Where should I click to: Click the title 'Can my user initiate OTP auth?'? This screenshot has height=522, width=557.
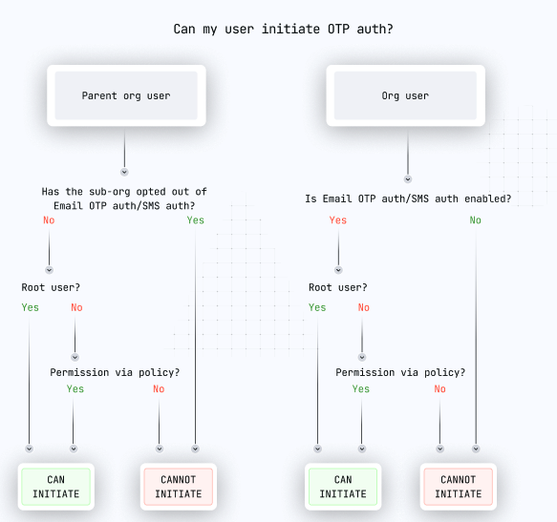pos(283,29)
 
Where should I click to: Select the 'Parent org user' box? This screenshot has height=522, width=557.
pos(126,95)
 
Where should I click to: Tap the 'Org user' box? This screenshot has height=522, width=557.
pos(405,95)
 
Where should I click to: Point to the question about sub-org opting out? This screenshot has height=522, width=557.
pos(124,198)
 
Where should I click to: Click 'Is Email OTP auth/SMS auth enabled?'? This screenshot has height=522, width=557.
pos(408,198)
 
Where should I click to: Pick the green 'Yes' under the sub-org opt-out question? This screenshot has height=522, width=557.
pos(195,220)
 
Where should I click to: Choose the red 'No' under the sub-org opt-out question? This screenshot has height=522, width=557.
pos(49,220)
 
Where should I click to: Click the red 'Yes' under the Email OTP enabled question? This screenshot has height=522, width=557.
pos(338,220)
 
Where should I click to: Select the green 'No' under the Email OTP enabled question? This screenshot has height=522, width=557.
pos(475,220)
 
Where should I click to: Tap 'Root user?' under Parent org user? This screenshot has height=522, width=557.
pos(51,287)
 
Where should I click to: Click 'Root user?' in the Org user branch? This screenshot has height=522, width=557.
pos(338,287)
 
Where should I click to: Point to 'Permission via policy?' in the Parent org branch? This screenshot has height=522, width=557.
pos(115,372)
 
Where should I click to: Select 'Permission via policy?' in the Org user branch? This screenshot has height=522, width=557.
pos(400,372)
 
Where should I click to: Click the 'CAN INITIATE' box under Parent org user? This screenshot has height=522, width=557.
pos(55,487)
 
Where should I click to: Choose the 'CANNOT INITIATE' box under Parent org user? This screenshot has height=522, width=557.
pos(179,487)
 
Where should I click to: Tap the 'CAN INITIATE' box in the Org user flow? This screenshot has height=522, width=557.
pos(343,487)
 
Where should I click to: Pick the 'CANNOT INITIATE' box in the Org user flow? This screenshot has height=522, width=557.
pos(459,487)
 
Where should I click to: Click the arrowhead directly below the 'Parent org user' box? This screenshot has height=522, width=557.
pos(124,172)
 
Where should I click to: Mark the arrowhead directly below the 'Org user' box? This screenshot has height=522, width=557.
pos(408,179)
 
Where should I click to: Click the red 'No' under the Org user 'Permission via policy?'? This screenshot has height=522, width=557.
pos(439,389)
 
